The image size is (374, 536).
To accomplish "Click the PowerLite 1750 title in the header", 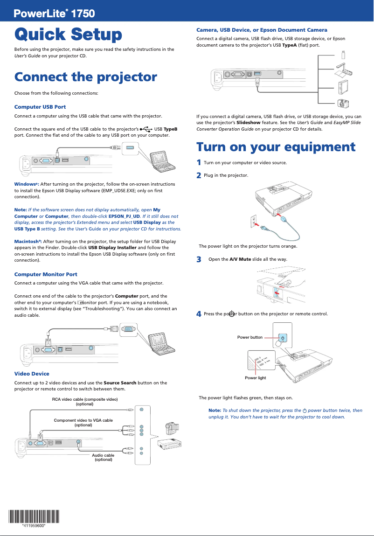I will [x=55, y=14].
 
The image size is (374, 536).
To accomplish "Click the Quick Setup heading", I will [x=68, y=35].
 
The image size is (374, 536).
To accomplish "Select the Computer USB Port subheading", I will [x=40, y=107].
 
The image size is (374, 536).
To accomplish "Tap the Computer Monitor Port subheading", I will [x=46, y=274].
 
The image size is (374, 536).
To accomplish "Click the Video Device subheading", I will [x=32, y=374].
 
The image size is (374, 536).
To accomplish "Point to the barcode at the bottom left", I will [x=34, y=516].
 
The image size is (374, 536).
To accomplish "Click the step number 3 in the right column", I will [x=199, y=259].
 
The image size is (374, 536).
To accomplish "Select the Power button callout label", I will [x=250, y=337].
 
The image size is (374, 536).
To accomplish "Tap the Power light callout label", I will [x=256, y=377].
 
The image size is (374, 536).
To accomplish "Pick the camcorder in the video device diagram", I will [x=172, y=427].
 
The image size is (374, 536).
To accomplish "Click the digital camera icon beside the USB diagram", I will [x=344, y=103].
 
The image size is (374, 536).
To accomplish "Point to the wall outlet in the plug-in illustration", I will [x=254, y=220].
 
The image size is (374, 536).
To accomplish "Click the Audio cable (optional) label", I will [x=103, y=457].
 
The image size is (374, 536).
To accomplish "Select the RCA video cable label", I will [x=84, y=401].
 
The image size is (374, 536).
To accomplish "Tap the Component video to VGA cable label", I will [x=83, y=423].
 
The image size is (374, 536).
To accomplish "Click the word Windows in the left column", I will [x=25, y=184].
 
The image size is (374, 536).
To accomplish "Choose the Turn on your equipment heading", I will [x=276, y=147].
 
